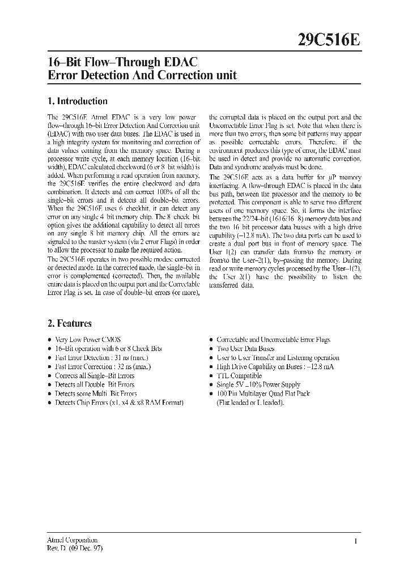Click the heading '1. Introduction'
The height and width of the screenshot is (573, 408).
pos(78,101)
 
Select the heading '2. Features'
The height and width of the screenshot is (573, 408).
pos(70,323)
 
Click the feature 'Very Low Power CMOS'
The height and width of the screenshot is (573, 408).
pos(87,340)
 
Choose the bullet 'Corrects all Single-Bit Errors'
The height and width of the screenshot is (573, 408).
pos(95,375)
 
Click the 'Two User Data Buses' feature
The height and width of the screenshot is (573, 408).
pos(246,349)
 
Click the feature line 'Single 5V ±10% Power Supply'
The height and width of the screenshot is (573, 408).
pos(259,384)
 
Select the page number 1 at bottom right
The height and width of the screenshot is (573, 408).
pos(355,542)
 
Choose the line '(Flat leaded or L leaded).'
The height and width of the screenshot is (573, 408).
pos(250,403)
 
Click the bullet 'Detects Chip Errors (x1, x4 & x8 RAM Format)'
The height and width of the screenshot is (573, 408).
pos(119,403)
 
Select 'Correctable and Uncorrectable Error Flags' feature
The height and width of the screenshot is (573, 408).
pos(273,340)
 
